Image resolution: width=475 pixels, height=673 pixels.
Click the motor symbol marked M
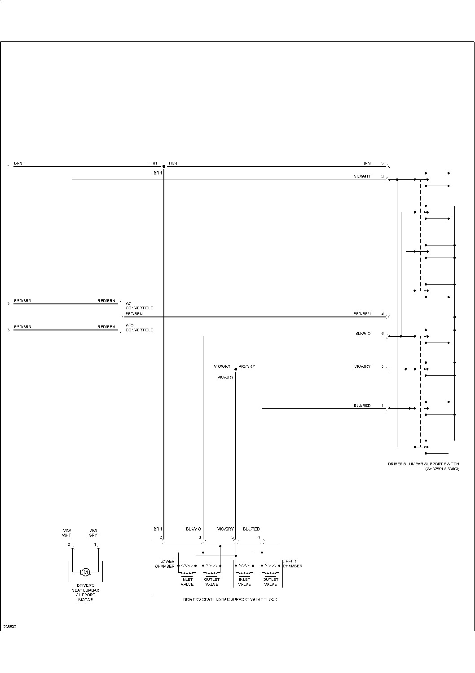tap(85, 572)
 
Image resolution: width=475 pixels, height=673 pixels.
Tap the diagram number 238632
tap(10, 626)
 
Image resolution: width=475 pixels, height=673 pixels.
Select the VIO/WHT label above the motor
tap(66, 533)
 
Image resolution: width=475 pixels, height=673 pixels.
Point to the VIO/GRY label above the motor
tap(93, 533)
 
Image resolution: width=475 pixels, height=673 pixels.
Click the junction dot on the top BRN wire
tap(164, 166)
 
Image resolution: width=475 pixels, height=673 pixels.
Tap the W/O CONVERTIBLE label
tap(139, 328)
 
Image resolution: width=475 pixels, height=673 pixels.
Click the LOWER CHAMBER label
tap(165, 564)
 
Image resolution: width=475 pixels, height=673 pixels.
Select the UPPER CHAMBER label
tap(292, 564)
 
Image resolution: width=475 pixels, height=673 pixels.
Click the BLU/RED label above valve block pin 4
tap(251, 529)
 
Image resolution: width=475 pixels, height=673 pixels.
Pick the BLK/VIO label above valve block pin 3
tap(194, 529)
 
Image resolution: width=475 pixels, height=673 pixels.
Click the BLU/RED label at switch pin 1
tap(362, 406)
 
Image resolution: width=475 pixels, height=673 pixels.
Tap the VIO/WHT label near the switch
tap(362, 177)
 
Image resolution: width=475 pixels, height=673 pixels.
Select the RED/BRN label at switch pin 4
tap(362, 314)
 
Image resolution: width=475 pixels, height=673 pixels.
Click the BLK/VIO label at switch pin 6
tap(362, 334)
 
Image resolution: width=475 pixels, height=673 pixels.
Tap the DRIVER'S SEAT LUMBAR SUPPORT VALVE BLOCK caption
tap(230, 599)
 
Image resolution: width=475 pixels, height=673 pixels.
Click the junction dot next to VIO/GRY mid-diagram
tap(236, 369)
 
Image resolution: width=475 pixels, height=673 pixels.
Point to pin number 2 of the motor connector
tap(69, 544)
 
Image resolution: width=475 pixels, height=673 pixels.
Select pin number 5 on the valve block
tap(233, 537)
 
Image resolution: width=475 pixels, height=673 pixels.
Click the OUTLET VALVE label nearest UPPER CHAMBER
tap(270, 582)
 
